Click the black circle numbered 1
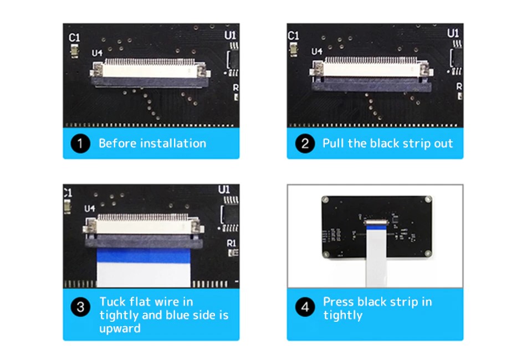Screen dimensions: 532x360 click(x=80, y=143)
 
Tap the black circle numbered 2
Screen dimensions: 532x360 click(x=305, y=143)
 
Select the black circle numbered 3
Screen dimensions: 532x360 click(x=80, y=307)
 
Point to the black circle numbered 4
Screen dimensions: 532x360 click(x=305, y=307)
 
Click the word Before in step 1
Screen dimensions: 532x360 click(x=117, y=143)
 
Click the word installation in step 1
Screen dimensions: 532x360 click(x=173, y=143)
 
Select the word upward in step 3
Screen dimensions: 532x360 click(x=120, y=328)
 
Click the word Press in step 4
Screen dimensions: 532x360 click(x=338, y=302)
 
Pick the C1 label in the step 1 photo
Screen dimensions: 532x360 click(x=74, y=37)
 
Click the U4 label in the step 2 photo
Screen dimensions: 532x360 click(x=317, y=52)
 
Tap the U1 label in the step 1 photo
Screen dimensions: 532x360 click(x=230, y=35)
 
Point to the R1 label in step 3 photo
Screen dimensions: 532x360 click(x=232, y=243)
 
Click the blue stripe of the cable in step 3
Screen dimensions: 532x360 click(x=144, y=256)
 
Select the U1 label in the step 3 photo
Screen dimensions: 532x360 click(x=224, y=189)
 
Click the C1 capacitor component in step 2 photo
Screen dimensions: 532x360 click(x=293, y=49)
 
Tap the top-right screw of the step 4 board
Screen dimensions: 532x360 click(x=428, y=199)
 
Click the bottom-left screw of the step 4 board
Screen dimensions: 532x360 click(x=326, y=254)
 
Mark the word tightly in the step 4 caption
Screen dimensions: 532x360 click(x=342, y=315)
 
